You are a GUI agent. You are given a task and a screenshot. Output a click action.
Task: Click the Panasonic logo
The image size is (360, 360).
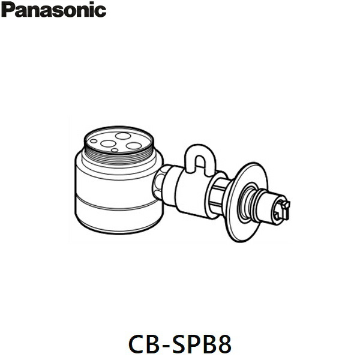tap(54, 10)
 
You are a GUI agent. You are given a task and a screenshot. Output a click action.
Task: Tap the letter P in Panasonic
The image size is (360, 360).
tap(8, 10)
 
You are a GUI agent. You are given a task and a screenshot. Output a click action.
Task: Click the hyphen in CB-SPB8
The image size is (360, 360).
tap(166, 346)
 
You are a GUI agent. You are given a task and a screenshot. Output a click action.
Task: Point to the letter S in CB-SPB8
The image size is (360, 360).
tap(179, 344)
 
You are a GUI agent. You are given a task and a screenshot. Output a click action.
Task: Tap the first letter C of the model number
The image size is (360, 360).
tap(137, 344)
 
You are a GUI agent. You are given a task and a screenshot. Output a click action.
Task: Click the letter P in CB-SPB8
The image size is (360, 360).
tap(195, 344)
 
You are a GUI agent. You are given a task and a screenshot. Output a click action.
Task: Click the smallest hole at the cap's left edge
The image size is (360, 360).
tap(94, 141)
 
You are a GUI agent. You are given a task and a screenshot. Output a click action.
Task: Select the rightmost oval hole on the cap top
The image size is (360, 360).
tap(134, 146)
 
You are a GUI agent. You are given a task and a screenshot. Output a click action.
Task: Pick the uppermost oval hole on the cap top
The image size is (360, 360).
tap(123, 136)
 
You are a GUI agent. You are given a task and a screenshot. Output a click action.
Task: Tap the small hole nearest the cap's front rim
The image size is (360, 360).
tap(115, 150)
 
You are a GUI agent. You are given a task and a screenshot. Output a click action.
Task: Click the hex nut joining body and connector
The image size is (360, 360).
tap(158, 182)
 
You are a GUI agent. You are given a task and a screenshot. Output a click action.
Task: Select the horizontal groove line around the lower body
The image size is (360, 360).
tap(119, 205)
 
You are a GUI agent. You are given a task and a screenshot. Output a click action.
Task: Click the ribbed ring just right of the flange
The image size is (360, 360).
tap(246, 203)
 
